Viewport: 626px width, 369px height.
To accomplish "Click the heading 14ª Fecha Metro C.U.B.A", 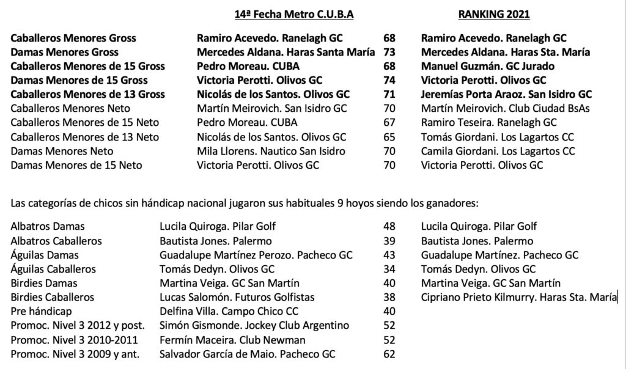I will pos(294,15).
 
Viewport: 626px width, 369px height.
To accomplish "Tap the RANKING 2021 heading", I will pos(493,15).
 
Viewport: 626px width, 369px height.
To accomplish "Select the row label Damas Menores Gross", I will pos(65,53).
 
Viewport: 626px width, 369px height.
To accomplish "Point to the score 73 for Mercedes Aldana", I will pos(389,53).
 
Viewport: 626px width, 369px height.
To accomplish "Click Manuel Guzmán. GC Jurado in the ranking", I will pos(488,67).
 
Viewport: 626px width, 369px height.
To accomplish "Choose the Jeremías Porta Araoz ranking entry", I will pos(507,95).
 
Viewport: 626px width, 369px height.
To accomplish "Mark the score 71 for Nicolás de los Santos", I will pos(389,95).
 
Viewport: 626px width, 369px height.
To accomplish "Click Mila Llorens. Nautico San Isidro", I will pos(271,151).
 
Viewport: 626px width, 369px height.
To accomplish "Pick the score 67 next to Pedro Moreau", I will pos(389,123).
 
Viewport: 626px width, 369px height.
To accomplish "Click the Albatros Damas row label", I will pos(48,227).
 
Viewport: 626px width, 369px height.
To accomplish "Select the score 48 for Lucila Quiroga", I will pos(389,227).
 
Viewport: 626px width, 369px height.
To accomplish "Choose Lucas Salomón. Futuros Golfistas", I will pos(237,298).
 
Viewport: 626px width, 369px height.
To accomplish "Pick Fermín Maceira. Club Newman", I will pos(232,340).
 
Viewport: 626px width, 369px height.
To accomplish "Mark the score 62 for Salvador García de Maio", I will pos(389,354).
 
